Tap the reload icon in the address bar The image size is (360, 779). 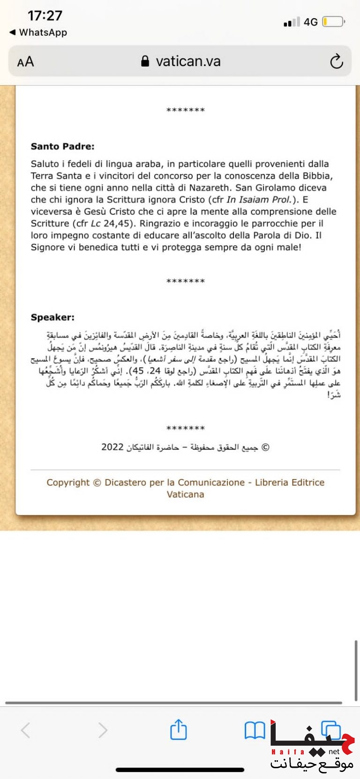point(337,61)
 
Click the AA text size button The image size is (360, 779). point(25,62)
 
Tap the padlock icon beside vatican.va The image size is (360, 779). point(145,61)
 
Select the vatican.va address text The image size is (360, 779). point(188,61)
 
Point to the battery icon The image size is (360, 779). point(333,22)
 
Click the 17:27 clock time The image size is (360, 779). point(45,15)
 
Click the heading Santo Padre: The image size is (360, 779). point(62,146)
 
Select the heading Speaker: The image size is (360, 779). point(52,317)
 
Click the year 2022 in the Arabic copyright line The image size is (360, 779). point(112,447)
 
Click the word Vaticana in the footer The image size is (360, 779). point(185,494)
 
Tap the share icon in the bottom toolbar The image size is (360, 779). point(179,730)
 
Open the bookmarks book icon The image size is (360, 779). point(255,730)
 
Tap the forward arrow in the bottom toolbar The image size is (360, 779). point(103,730)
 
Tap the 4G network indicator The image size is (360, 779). point(310,22)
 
